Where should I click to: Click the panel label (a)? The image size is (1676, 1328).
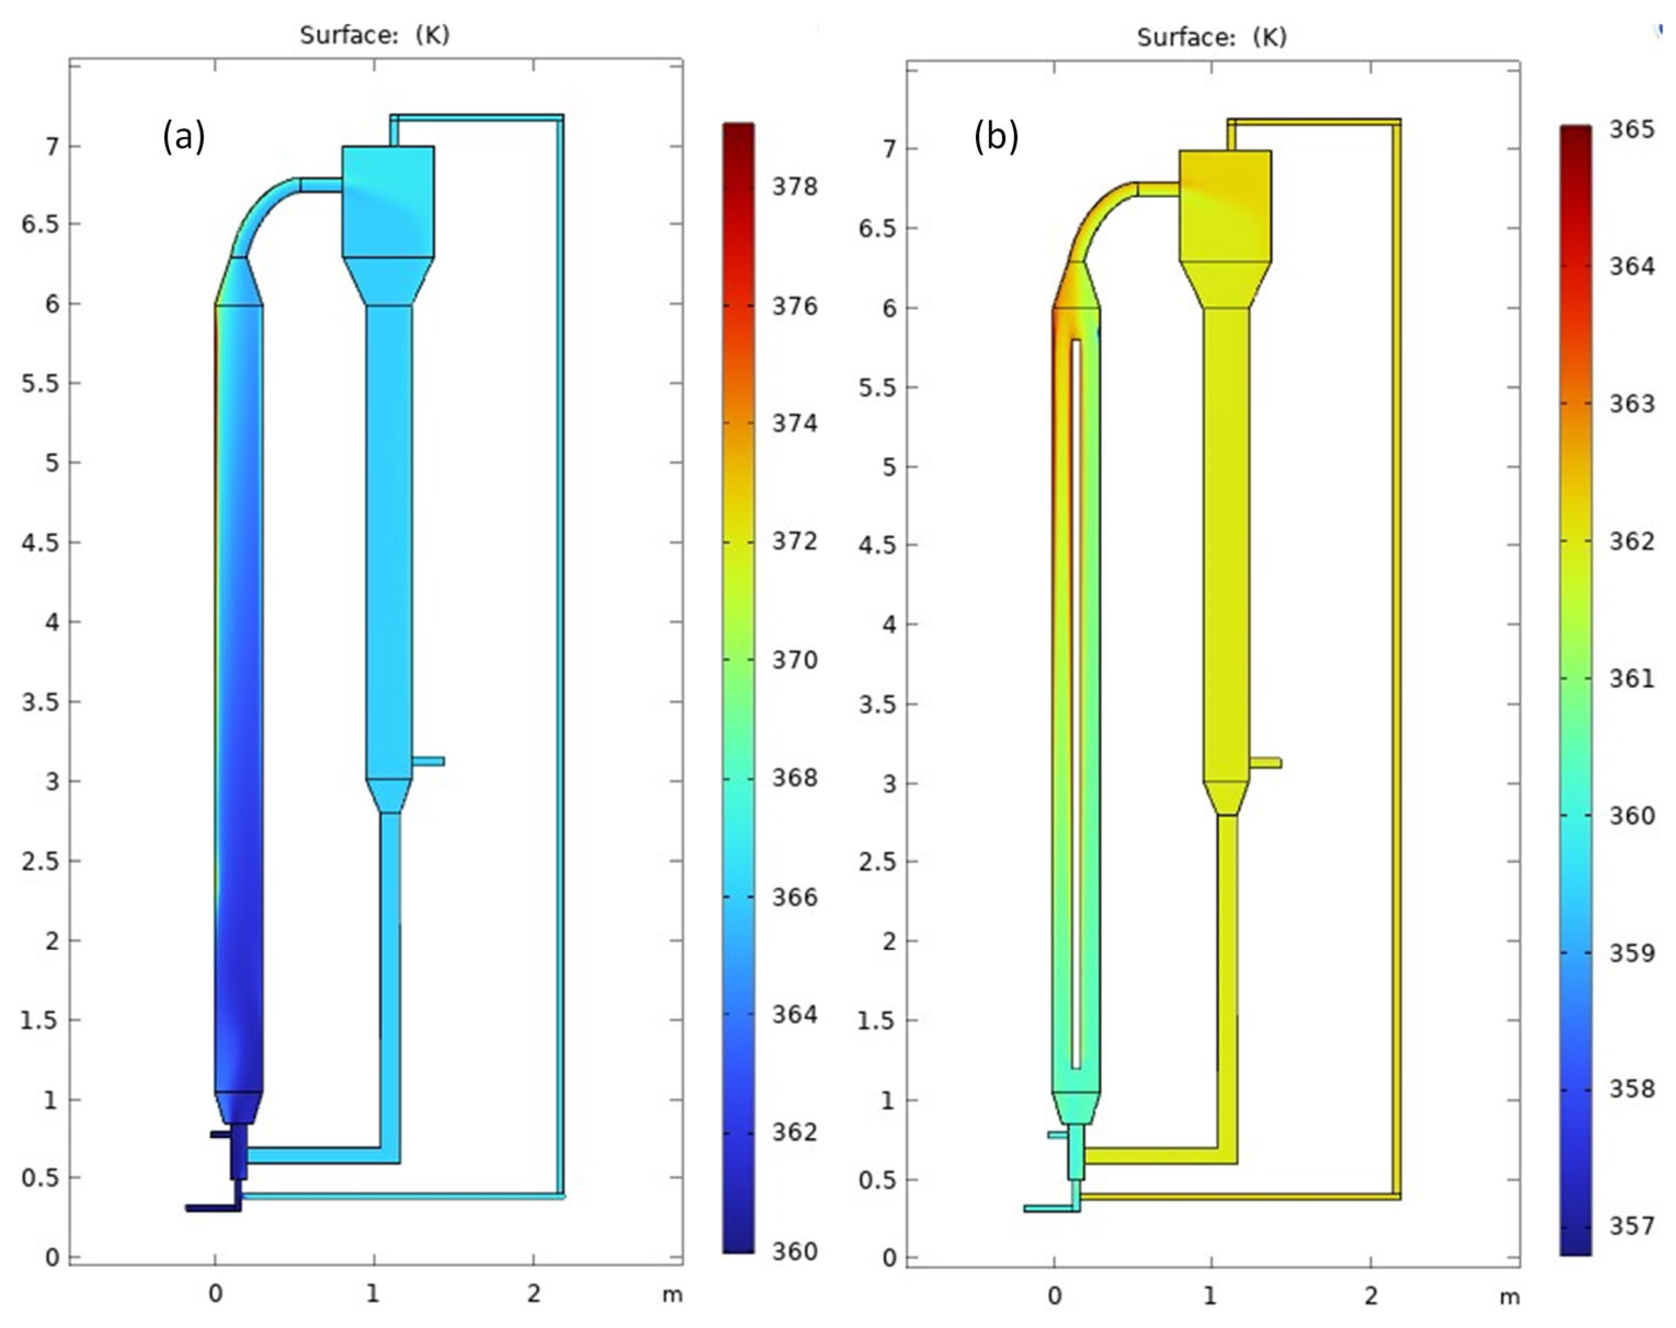tap(184, 137)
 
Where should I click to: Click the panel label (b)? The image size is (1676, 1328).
tap(996, 137)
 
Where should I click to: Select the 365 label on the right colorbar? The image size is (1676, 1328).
tap(1632, 129)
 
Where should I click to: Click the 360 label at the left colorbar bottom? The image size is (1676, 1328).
tap(794, 1252)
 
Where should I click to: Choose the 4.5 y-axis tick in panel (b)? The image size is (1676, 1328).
tap(878, 546)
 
